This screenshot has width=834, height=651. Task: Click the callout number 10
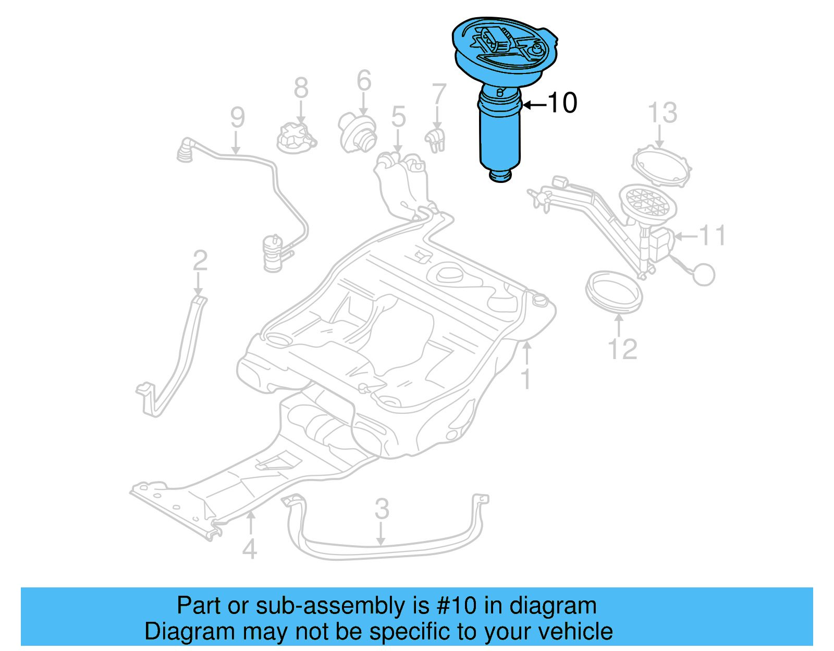[562, 103]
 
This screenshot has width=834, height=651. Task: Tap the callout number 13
[662, 113]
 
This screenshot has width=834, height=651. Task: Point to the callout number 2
[200, 261]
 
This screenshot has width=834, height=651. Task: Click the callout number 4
[250, 549]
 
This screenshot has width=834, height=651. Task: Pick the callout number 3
[382, 509]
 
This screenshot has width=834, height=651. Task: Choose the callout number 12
[622, 349]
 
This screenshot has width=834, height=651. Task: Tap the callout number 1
[526, 379]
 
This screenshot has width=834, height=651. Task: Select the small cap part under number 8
[296, 138]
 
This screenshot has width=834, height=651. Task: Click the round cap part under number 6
[358, 133]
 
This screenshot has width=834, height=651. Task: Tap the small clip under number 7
[436, 139]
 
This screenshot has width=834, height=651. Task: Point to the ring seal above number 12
[614, 291]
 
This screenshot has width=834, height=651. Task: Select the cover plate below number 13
[661, 167]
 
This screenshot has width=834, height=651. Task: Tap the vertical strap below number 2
[175, 360]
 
